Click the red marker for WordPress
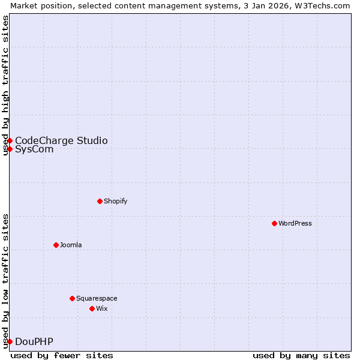tap(274, 223)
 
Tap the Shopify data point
tap(100, 201)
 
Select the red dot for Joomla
tap(56, 245)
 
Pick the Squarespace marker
tap(72, 298)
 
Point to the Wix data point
tap(92, 308)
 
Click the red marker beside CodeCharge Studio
tap(10, 140)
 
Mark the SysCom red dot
tap(10, 149)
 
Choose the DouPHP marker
tap(10, 341)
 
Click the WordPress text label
tap(295, 223)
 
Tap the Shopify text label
tap(116, 201)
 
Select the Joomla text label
tap(71, 245)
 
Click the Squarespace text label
tap(97, 298)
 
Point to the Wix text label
tap(102, 308)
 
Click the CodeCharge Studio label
tap(61, 140)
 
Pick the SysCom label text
tap(34, 149)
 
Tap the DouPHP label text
tap(34, 341)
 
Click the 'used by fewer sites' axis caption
tap(62, 355)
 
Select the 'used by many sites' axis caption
tap(301, 355)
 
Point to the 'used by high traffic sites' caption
tap(5, 85)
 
